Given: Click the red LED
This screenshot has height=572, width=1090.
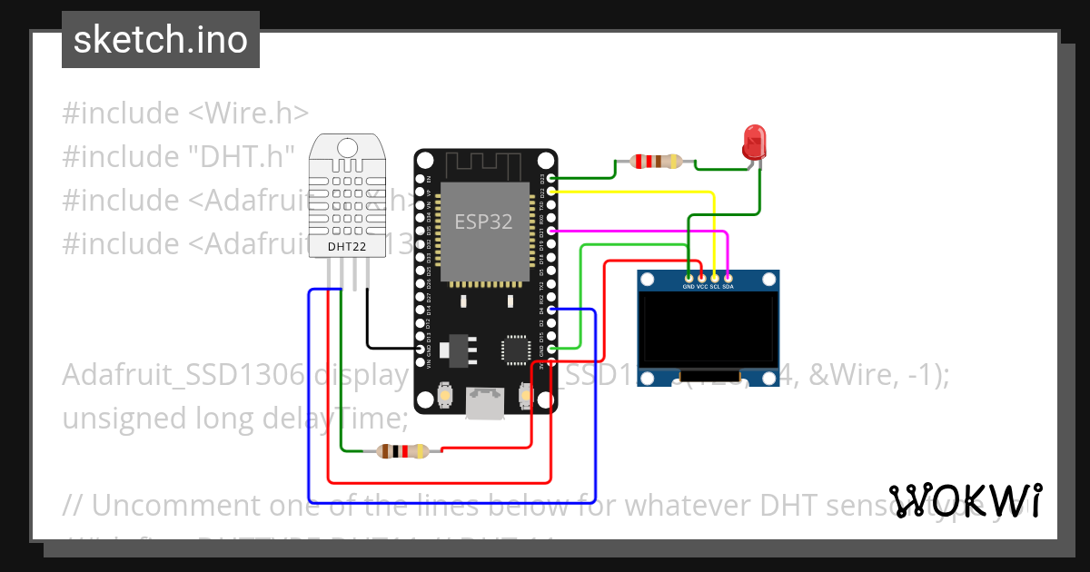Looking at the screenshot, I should point(754,143).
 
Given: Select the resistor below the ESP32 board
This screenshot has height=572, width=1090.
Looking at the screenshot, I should point(402,450).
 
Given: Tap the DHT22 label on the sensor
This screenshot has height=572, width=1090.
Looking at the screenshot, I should point(347,245).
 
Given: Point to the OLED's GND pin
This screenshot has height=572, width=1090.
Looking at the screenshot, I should point(689,277).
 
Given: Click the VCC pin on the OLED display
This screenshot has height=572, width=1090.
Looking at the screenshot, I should point(701,277).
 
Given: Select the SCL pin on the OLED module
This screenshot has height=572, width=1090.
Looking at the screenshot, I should point(715,277).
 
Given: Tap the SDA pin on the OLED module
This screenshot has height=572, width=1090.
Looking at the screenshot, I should point(728,277).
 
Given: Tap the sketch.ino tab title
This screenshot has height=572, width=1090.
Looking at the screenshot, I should point(161,40).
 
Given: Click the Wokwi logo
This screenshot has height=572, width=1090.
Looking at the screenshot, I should point(965,500).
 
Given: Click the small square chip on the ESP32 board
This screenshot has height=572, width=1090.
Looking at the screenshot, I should point(514,349).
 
